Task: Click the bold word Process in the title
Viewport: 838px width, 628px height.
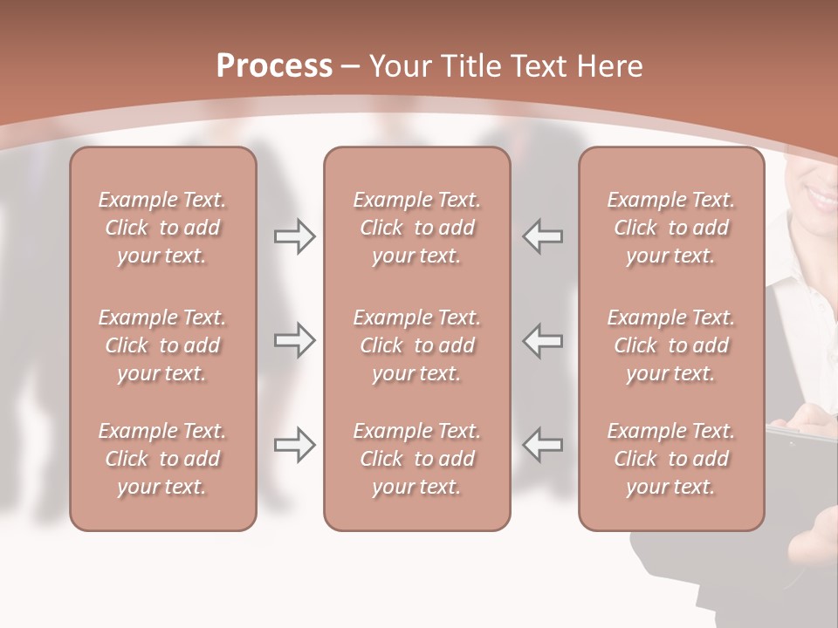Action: point(274,66)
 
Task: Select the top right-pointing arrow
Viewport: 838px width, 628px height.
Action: point(294,236)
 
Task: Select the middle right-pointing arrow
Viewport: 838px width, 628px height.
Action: point(294,340)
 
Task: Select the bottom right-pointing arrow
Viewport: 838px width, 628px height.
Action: point(294,445)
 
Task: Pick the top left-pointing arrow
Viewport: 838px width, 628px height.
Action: point(543,236)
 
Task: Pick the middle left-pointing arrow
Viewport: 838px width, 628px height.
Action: point(543,340)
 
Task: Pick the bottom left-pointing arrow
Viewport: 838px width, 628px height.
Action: point(543,445)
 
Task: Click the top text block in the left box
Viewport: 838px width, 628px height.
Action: point(162,228)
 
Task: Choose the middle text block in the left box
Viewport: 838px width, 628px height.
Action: point(162,345)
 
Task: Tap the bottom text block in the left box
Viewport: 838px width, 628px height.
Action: point(162,459)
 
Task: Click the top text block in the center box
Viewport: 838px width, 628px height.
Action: point(416,228)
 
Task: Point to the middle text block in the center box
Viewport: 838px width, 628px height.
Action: point(416,345)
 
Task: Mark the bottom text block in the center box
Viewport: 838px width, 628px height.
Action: point(416,459)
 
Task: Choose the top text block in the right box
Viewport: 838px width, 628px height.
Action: point(670,228)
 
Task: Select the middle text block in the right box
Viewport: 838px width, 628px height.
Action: point(670,345)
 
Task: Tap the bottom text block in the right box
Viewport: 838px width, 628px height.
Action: point(670,459)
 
